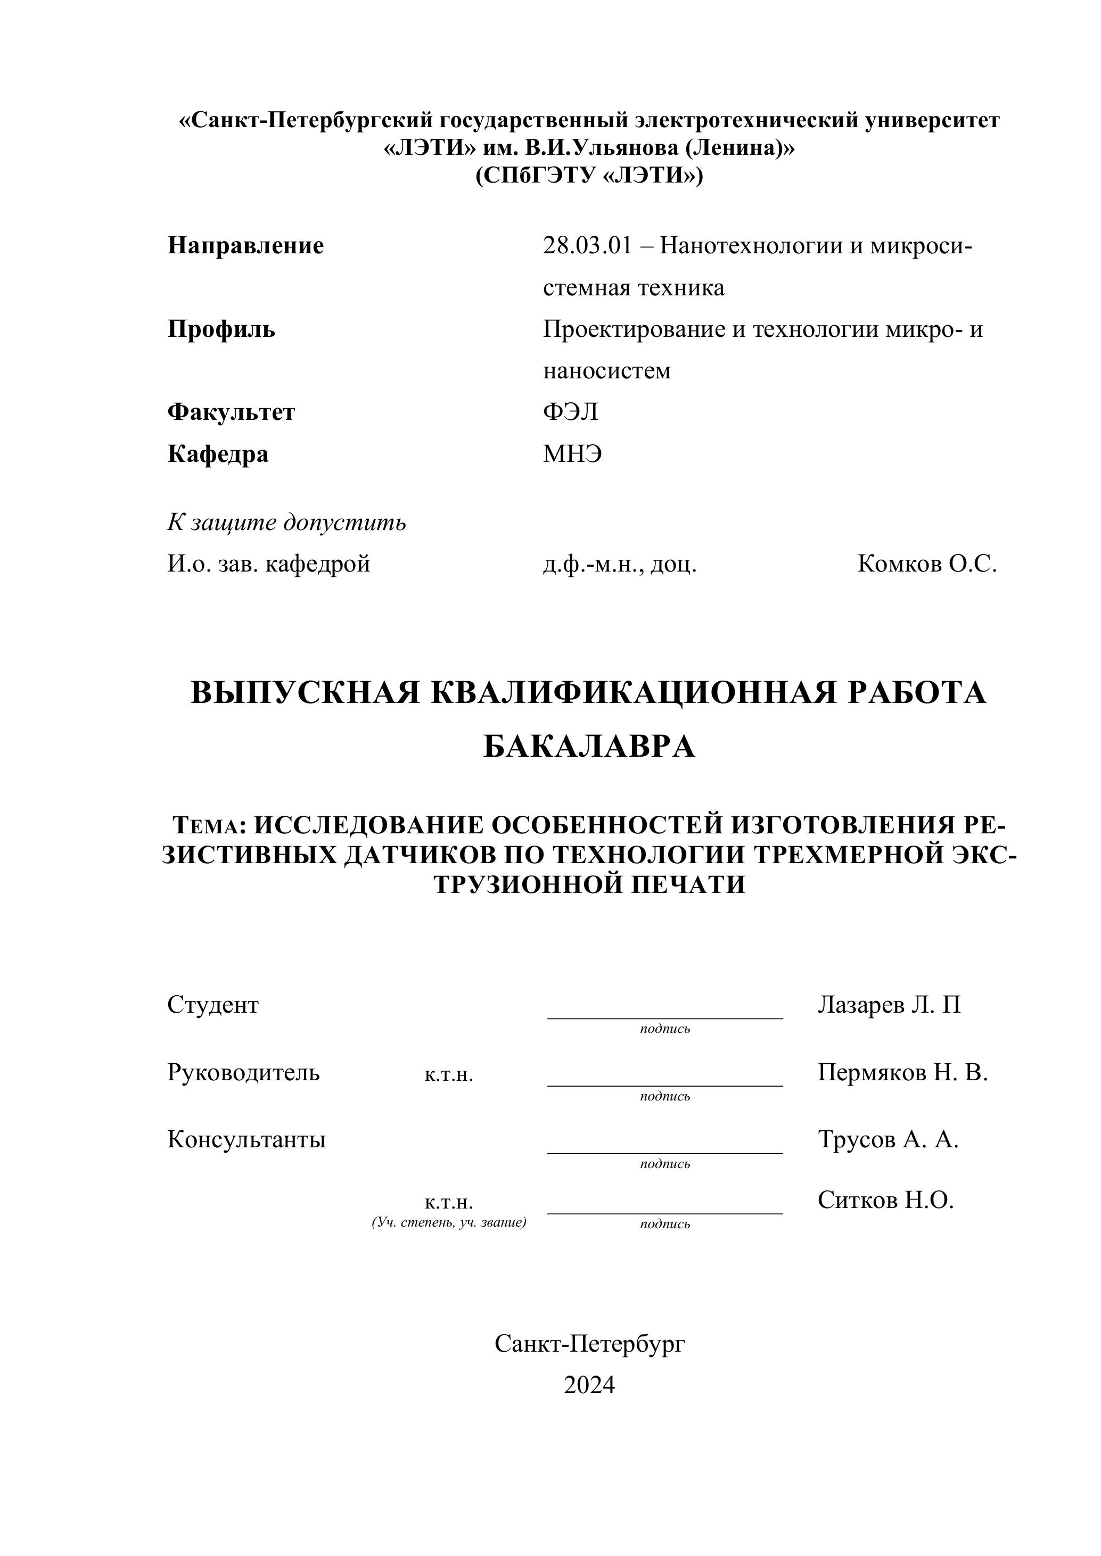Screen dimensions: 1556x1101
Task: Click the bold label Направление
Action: tap(245, 245)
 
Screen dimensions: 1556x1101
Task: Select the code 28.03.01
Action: tap(586, 245)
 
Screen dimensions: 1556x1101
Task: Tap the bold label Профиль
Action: tap(221, 329)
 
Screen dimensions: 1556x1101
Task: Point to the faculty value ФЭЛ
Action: tap(570, 412)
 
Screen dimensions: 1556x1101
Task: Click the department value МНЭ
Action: tap(572, 453)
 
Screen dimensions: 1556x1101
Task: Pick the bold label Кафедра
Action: tap(218, 453)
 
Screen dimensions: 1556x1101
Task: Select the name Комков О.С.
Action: tap(927, 564)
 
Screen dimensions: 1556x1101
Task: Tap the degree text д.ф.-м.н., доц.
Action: tap(620, 564)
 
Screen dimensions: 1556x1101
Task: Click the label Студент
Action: tap(213, 1004)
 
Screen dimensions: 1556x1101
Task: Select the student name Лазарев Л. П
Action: tap(889, 1004)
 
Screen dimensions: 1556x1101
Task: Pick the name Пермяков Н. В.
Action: tap(902, 1072)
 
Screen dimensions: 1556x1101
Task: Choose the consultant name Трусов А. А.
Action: tap(888, 1139)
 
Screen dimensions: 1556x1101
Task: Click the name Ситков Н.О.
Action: tap(885, 1200)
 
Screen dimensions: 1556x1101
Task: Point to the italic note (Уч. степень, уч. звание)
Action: tap(449, 1222)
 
